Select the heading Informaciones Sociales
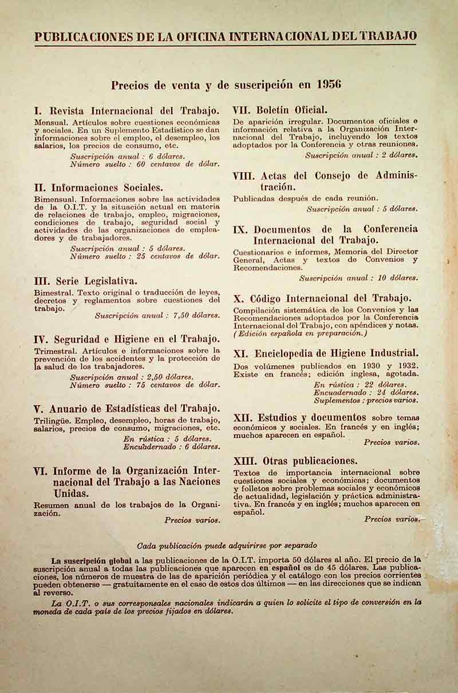coord(107,187)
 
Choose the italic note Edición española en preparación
coord(300,333)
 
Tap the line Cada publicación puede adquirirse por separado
coord(227,545)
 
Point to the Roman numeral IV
coord(41,339)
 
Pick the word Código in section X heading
coord(266,298)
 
